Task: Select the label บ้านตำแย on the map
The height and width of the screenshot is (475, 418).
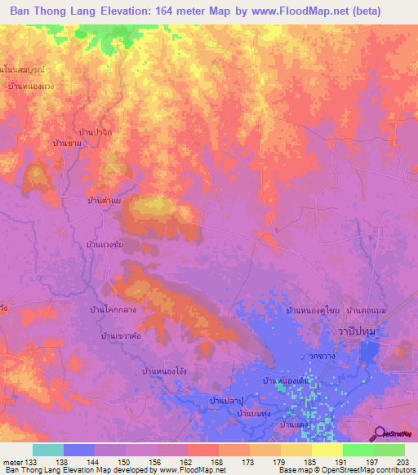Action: [x=104, y=199]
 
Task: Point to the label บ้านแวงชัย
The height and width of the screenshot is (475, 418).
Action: [x=104, y=244]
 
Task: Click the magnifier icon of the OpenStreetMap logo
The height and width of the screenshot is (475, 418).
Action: [x=380, y=433]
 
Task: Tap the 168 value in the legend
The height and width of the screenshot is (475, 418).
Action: [x=217, y=464]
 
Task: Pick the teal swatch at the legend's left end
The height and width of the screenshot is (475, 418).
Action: [x=47, y=451]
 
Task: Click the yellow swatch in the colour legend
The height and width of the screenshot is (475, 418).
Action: [x=327, y=451]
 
